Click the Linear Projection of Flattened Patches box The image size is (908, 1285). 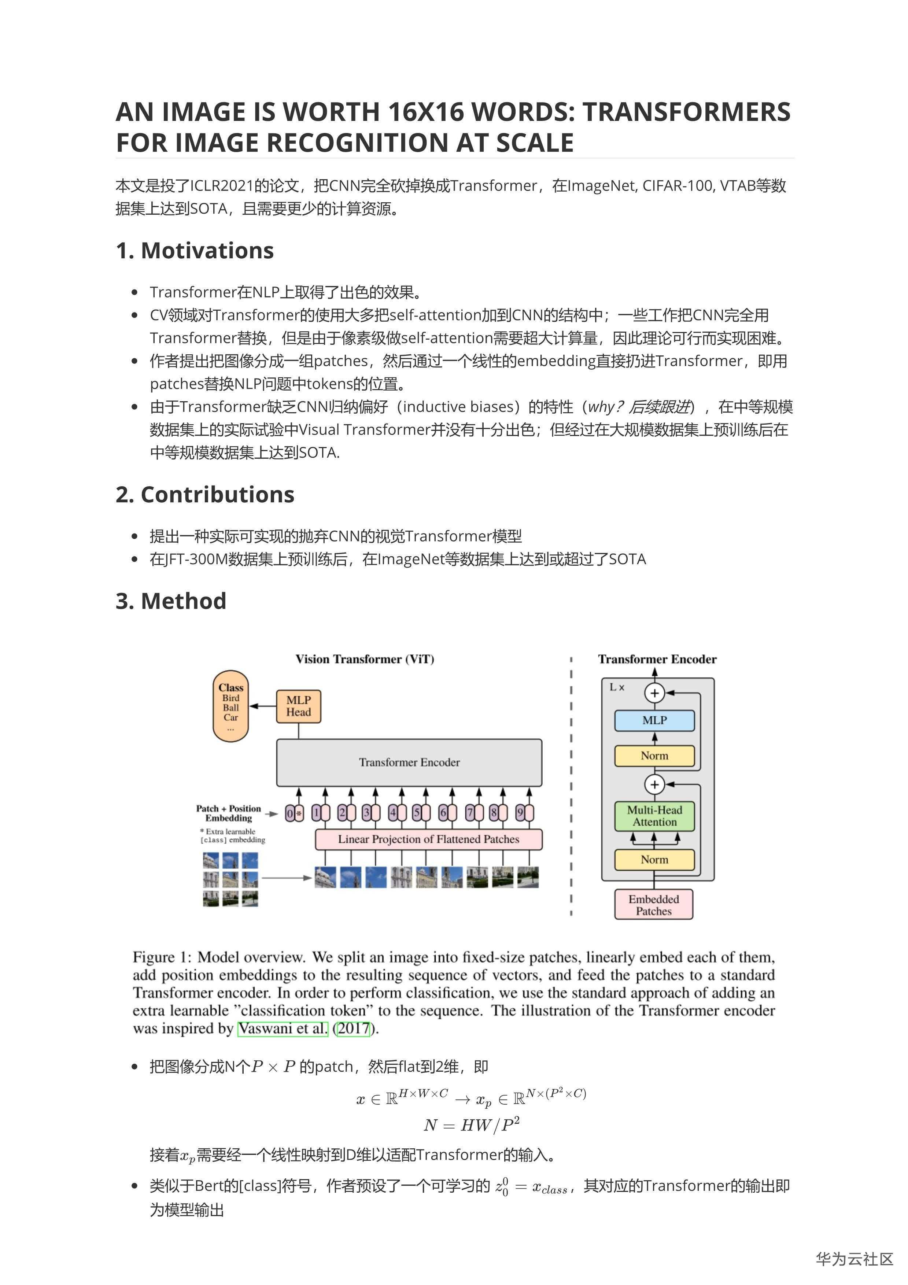point(428,839)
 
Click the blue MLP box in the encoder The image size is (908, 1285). point(654,720)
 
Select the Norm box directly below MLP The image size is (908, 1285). point(654,756)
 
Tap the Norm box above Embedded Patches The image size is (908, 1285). point(654,859)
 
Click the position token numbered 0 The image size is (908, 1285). point(289,813)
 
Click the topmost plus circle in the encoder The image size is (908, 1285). point(654,693)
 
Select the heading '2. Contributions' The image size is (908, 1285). point(205,494)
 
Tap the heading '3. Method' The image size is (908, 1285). point(171,601)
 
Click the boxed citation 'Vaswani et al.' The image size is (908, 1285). point(283,1028)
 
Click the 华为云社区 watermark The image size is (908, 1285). point(854,1259)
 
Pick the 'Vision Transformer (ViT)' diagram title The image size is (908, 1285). point(365,659)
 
